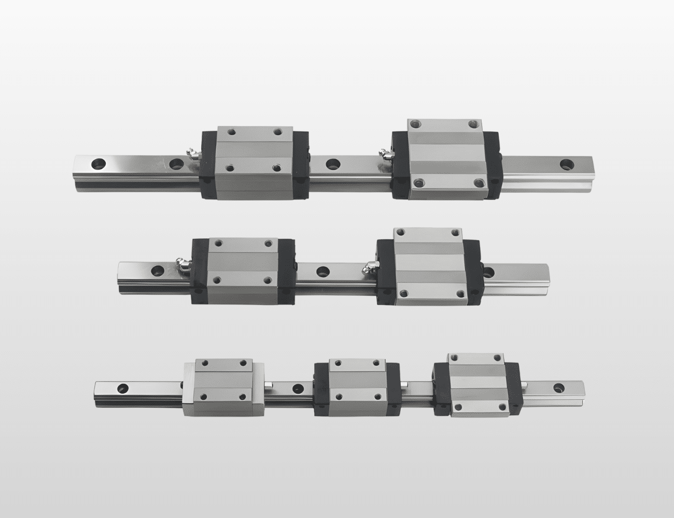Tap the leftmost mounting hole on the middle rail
coord(156,270)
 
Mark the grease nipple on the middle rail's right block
coord(369,266)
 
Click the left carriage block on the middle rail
coord(243,270)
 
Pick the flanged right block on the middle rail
coord(430,265)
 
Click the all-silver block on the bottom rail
coord(223,386)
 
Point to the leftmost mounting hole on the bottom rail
coord(123,387)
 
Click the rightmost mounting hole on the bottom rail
coord(559,387)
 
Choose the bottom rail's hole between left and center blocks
coord(298,387)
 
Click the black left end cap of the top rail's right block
coord(400,165)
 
